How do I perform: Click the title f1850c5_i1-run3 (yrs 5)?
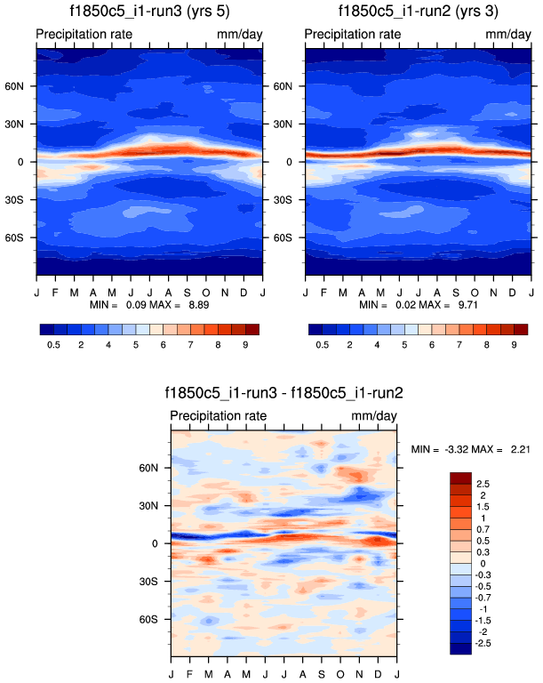149,12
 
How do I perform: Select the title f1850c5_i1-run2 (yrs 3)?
418,12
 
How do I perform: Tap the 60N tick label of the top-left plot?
20,87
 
